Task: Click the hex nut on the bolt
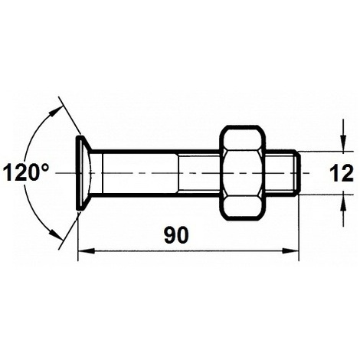click(x=244, y=172)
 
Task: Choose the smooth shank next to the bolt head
click(x=138, y=172)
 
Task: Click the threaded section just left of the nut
click(x=199, y=172)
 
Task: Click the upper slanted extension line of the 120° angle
click(x=67, y=119)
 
